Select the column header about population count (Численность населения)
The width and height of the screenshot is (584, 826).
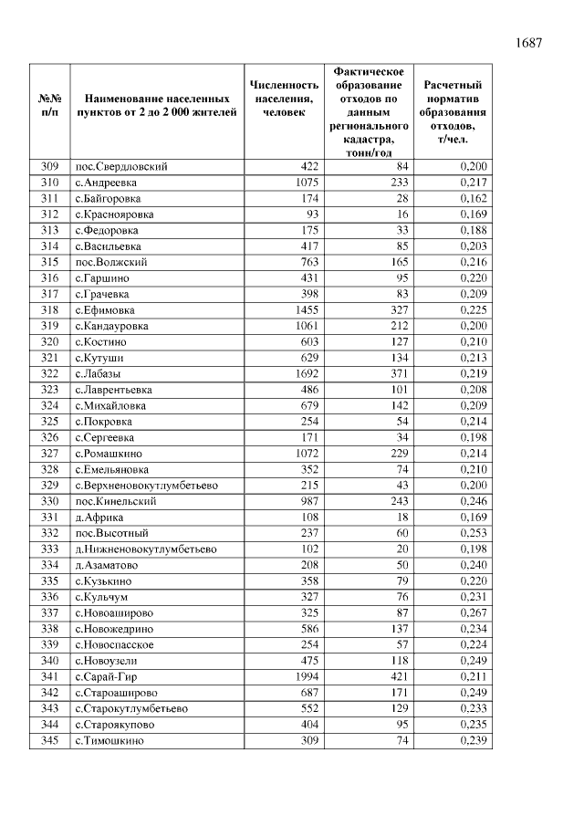tap(285, 99)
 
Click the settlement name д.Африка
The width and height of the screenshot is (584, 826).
tap(99, 518)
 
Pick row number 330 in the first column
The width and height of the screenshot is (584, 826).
tap(49, 501)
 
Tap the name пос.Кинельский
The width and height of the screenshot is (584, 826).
tap(115, 501)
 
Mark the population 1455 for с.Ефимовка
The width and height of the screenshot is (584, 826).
tap(302, 309)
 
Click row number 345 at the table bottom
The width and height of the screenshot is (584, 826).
tap(49, 740)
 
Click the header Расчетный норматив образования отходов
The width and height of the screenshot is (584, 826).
tap(454, 111)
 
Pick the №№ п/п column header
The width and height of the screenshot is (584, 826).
tap(49, 105)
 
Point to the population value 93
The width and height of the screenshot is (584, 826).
tap(309, 214)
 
